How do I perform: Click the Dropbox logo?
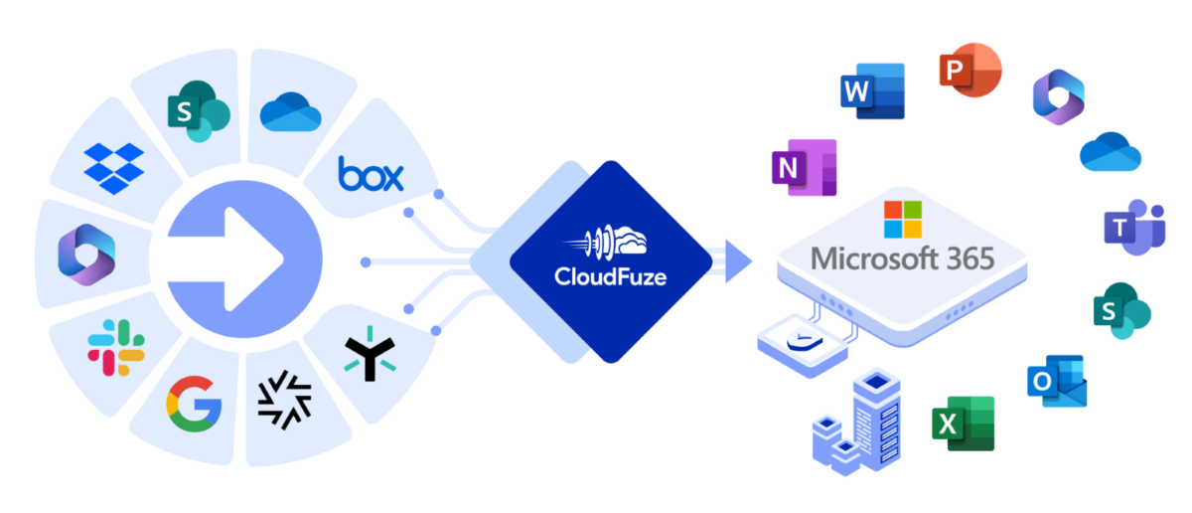[114, 167]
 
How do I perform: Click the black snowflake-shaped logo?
[284, 403]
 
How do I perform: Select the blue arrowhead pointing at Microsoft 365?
[738, 261]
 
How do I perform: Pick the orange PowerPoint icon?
[969, 71]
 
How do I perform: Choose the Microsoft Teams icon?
[1133, 228]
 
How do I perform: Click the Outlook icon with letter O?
[1057, 382]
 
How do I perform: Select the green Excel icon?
[962, 423]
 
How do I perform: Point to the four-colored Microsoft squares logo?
[903, 220]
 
